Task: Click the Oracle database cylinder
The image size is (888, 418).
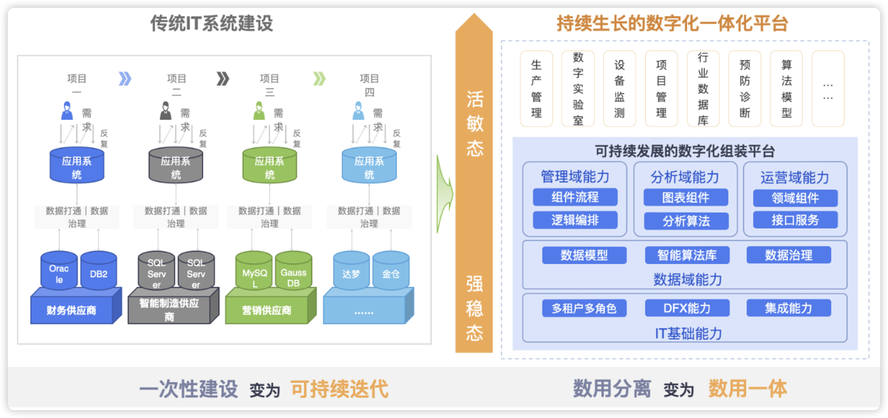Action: (59, 270)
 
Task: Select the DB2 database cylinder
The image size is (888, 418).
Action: (99, 270)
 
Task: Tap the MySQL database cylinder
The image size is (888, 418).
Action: (254, 271)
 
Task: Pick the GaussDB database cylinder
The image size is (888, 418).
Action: (293, 271)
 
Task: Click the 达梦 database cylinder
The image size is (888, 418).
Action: (351, 271)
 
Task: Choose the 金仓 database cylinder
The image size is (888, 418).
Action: (391, 271)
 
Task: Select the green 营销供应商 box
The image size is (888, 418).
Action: (266, 310)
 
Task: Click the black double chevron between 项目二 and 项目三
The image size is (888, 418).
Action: (223, 79)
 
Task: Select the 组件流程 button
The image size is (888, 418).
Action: (575, 197)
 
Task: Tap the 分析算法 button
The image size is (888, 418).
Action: (686, 221)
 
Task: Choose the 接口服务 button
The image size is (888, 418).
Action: (795, 220)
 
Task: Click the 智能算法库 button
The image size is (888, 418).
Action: (687, 255)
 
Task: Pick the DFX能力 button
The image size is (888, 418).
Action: (687, 308)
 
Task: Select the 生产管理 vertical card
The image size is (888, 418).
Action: (536, 89)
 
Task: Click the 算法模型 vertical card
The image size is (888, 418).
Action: (786, 89)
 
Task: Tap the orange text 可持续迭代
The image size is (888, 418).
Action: (340, 389)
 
